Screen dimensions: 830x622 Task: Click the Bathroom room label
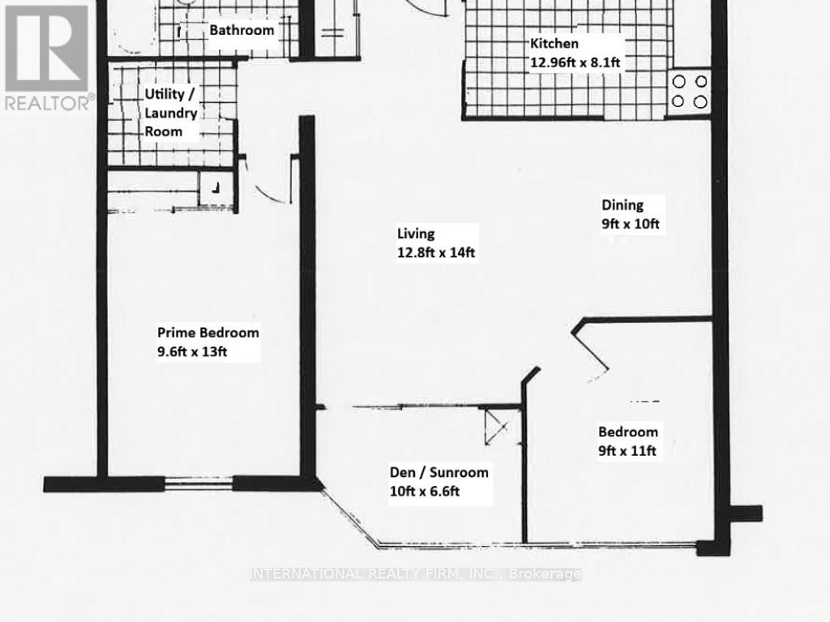coord(242,30)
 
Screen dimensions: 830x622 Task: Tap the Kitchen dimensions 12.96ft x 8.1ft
coord(575,62)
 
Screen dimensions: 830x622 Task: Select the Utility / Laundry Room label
coord(170,113)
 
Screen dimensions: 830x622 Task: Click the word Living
coord(416,233)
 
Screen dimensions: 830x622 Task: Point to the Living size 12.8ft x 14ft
coord(436,253)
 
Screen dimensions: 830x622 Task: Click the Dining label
coord(622,205)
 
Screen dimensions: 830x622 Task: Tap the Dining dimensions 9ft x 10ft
coord(631,224)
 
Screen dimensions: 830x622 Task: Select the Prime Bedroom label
coord(208,333)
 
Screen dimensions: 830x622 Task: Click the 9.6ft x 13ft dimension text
coord(192,351)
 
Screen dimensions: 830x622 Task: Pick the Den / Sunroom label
coord(439,472)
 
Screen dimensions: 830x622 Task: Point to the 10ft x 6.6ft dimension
coord(425,492)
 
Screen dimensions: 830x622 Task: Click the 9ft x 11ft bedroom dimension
coord(627,450)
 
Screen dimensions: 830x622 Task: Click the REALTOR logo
coord(47,58)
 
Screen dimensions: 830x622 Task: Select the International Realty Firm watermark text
coord(416,574)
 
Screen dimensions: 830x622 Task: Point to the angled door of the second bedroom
coord(590,350)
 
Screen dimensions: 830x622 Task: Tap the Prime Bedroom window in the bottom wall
coord(199,484)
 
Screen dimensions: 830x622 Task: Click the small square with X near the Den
coord(497,428)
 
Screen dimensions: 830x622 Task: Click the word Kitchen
coord(554,44)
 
